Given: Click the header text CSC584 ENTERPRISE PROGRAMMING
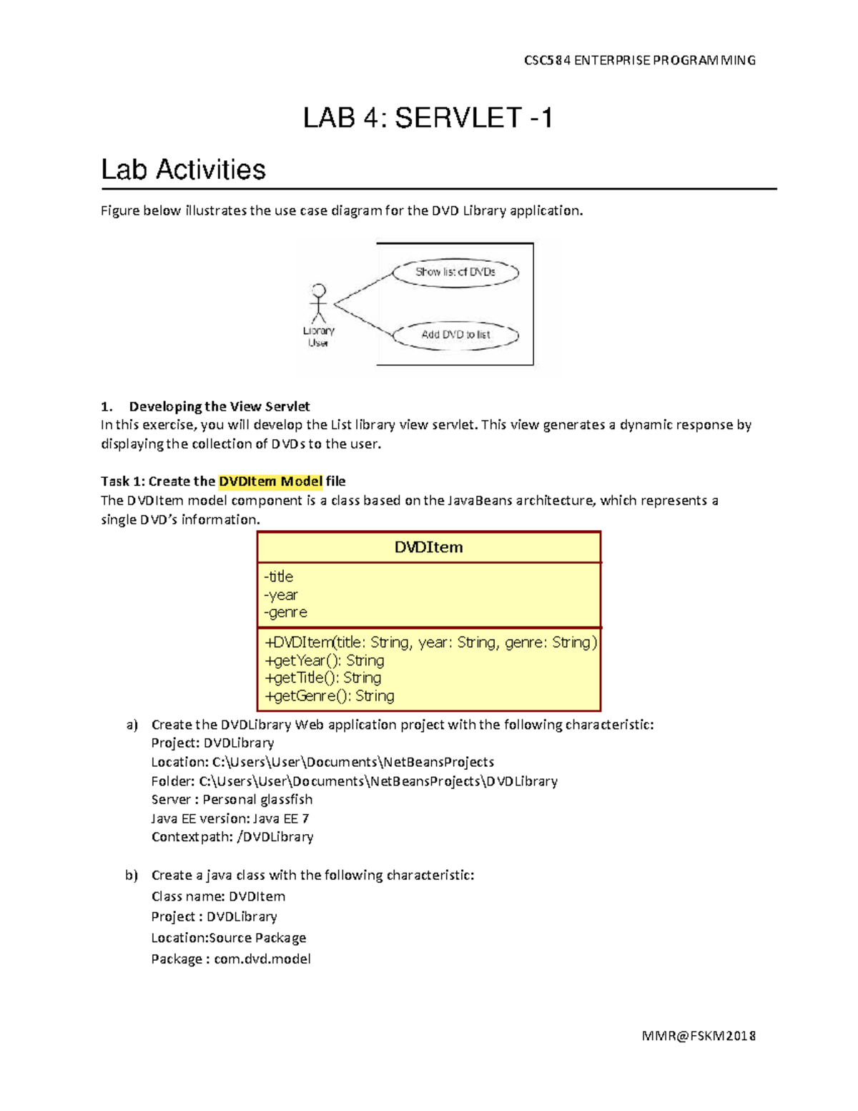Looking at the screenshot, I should pyautogui.click(x=639, y=60).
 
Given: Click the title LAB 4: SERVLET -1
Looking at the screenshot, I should pyautogui.click(x=428, y=118).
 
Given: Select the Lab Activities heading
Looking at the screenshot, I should pyautogui.click(x=183, y=170).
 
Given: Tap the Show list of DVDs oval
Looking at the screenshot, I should pyautogui.click(x=455, y=272).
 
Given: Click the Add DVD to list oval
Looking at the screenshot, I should pyautogui.click(x=455, y=335).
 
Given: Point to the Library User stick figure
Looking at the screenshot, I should pyautogui.click(x=318, y=305).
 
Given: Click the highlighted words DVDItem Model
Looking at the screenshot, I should pyautogui.click(x=270, y=481).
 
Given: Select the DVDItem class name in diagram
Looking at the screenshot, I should pyautogui.click(x=428, y=547).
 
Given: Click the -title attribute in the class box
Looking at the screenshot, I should pyautogui.click(x=279, y=577).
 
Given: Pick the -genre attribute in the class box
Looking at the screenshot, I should pyautogui.click(x=285, y=612).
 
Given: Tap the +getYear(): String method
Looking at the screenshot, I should pyautogui.click(x=324, y=660).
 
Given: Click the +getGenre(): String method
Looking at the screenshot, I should pyautogui.click(x=329, y=695).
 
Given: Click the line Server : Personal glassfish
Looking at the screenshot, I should pyautogui.click(x=232, y=799).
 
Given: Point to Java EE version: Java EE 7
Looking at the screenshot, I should pyautogui.click(x=230, y=818).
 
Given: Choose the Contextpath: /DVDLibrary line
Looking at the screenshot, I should pyautogui.click(x=232, y=837).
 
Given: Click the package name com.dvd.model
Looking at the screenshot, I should pyautogui.click(x=262, y=959).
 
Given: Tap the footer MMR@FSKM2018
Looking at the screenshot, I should pyautogui.click(x=699, y=1035).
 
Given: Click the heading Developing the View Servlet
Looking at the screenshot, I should pyautogui.click(x=219, y=406).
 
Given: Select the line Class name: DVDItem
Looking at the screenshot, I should pyautogui.click(x=218, y=896).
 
